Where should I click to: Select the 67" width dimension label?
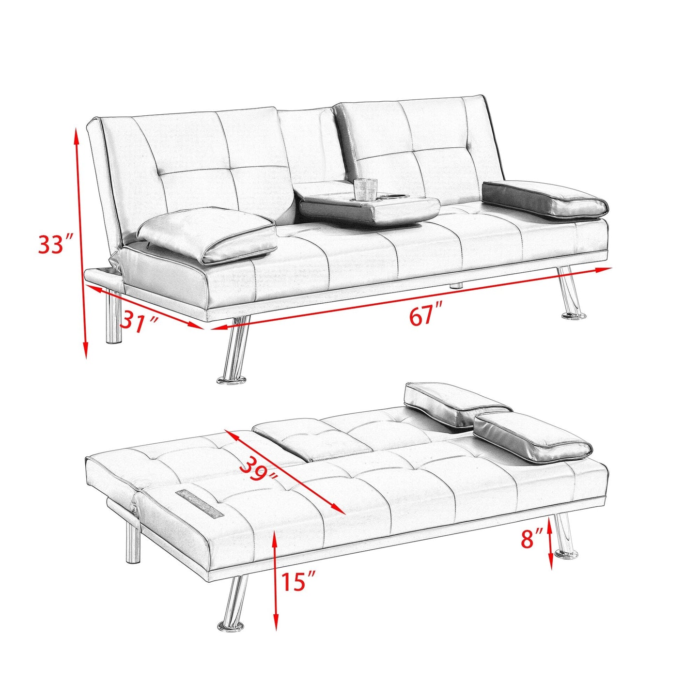[x=426, y=316]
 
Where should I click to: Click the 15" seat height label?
[x=298, y=581]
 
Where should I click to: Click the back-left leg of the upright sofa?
[x=113, y=317]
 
